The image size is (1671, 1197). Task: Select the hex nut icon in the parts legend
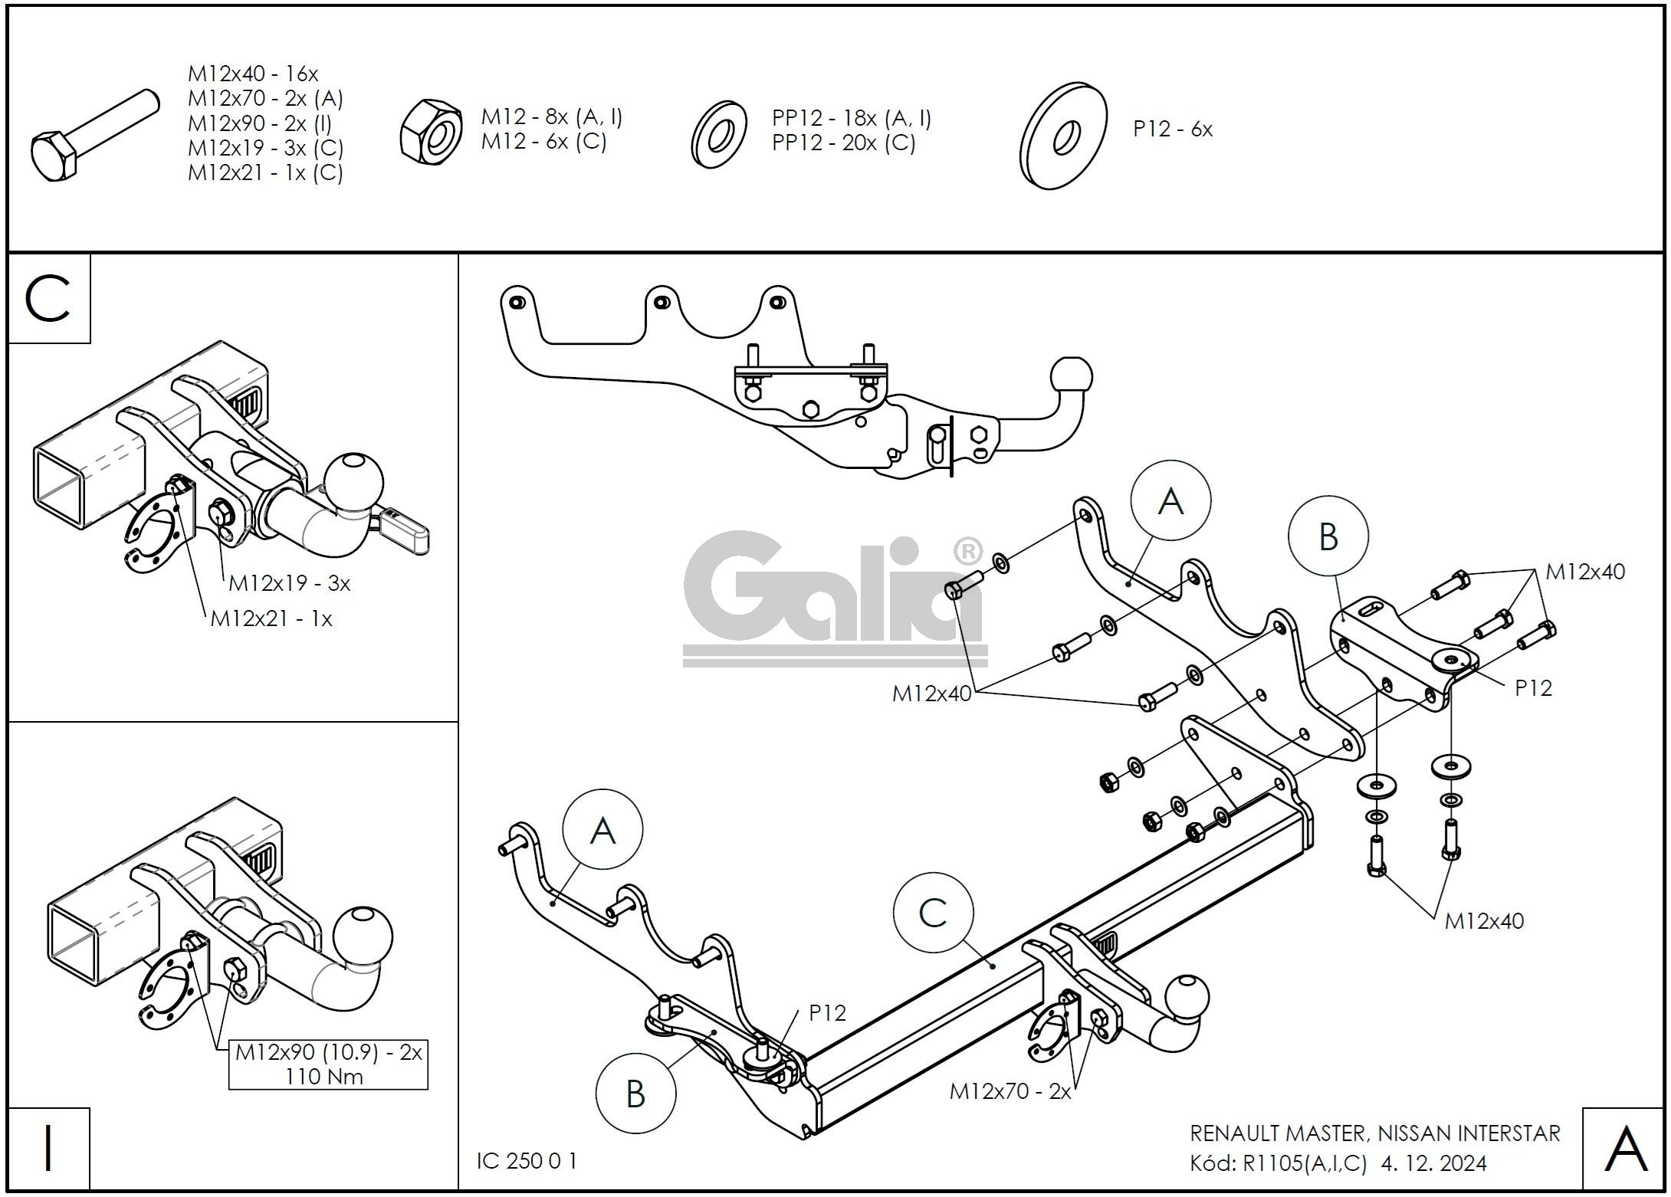(x=431, y=131)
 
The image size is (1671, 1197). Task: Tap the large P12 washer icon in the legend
(x=1063, y=136)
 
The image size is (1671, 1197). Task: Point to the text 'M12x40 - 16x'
(x=253, y=74)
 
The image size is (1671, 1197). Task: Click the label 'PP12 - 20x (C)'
(x=843, y=143)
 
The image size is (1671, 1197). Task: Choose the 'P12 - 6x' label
(x=1173, y=130)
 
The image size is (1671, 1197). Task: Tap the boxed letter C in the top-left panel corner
(x=48, y=299)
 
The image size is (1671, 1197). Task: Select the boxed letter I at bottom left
(x=48, y=1149)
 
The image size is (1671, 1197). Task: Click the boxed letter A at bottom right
(x=1626, y=1149)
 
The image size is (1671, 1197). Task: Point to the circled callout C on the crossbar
(x=933, y=913)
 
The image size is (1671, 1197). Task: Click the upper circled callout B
(x=1328, y=536)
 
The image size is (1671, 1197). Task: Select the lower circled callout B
(x=635, y=1094)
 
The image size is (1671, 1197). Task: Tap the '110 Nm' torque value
(x=325, y=1077)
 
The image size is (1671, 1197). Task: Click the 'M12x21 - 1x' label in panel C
(x=271, y=619)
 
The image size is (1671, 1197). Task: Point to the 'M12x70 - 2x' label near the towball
(x=1009, y=1091)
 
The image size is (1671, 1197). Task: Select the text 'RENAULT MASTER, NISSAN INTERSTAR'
(x=1374, y=1133)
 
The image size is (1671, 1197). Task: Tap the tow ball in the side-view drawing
(x=1072, y=377)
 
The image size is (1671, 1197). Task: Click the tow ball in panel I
(x=363, y=936)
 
